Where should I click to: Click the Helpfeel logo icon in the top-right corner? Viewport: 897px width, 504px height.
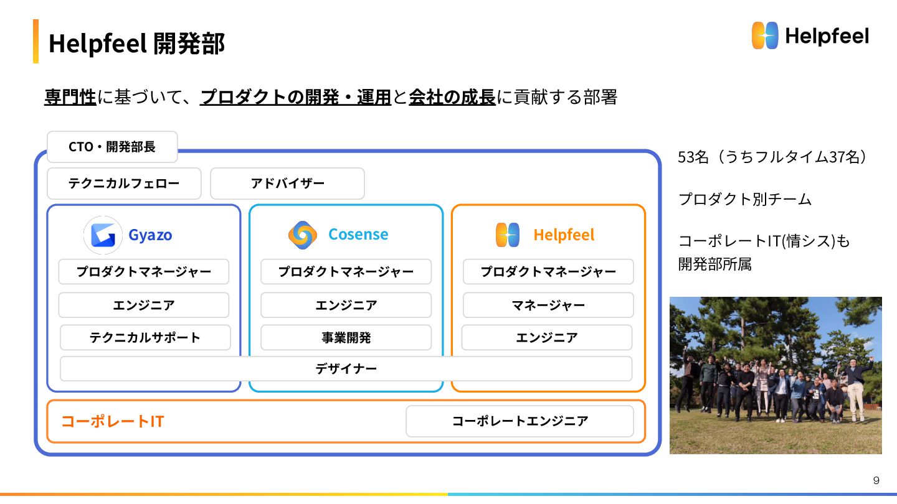765,35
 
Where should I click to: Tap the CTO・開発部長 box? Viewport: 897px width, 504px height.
112,147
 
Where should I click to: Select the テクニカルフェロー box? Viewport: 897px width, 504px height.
124,184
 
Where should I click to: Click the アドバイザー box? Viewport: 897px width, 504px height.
287,184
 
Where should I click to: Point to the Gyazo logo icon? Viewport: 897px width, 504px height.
103,235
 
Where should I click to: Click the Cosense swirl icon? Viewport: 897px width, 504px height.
303,235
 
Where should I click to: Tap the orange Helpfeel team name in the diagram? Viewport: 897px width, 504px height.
564,235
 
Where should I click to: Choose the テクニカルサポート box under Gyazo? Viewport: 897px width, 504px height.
145,337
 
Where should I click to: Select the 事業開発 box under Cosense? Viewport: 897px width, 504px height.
346,337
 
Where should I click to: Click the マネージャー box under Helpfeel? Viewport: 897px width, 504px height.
548,305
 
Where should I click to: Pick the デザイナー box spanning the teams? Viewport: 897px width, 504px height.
346,368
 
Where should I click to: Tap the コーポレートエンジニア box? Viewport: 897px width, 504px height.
520,421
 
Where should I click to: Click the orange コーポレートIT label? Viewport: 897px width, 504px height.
112,421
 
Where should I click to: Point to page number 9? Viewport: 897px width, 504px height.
876,480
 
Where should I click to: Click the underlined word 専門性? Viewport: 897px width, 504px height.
70,97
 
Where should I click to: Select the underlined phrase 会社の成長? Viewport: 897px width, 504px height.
452,97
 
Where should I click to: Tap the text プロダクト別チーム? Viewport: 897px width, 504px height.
745,200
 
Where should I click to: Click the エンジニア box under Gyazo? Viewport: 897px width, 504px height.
144,305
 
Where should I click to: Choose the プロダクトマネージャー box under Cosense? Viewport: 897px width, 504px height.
346,271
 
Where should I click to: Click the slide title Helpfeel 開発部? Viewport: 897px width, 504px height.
136,44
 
